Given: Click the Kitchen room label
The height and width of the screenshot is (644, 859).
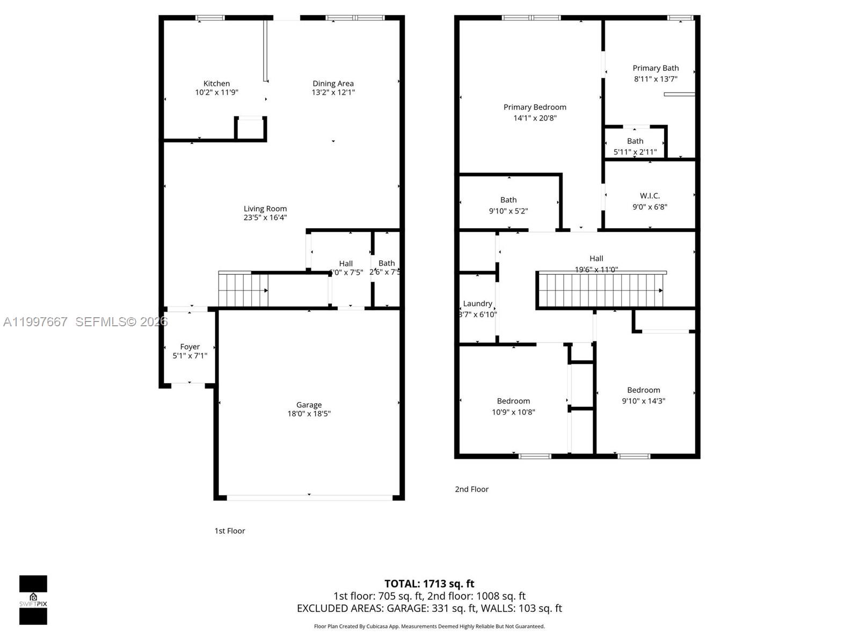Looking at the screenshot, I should (x=216, y=83).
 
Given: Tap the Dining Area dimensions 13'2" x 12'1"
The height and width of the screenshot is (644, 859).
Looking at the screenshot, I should (x=333, y=92).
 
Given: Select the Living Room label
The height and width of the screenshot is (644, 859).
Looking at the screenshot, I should (x=265, y=209).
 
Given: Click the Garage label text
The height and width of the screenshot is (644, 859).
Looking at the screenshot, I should (x=309, y=405).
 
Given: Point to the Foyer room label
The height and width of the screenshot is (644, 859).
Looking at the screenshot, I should (x=190, y=347).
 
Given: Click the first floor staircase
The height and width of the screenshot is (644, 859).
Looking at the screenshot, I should (x=243, y=290).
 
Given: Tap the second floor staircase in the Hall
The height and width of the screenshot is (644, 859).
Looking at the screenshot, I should (x=600, y=290).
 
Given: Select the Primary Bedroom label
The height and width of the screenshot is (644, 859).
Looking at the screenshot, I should (x=535, y=107).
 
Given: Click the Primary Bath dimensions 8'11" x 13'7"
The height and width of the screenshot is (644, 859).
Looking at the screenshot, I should (x=656, y=79).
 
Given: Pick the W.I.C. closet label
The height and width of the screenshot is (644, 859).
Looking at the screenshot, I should (x=650, y=196).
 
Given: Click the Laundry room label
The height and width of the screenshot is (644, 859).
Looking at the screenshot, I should (x=477, y=303).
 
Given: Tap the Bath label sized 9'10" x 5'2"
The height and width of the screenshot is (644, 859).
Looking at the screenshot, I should (x=508, y=200).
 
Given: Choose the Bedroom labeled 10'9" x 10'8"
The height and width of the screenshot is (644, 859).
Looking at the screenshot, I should (x=513, y=401).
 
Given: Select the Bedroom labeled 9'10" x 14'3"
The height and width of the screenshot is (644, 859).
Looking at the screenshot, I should (x=643, y=390).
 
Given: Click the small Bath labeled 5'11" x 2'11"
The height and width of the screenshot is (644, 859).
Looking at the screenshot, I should (x=635, y=141).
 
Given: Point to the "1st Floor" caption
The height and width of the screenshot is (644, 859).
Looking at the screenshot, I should (x=230, y=531).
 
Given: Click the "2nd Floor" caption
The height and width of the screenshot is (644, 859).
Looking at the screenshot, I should (x=471, y=489).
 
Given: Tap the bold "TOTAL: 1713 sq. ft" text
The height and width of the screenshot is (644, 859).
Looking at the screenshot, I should (x=429, y=583).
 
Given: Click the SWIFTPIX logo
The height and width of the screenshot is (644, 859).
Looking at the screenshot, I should (x=33, y=600).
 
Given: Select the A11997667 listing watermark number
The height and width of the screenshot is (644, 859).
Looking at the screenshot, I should (x=35, y=321).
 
